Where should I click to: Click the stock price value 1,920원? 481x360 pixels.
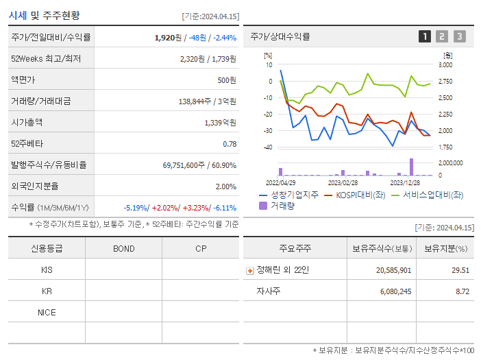(171, 38)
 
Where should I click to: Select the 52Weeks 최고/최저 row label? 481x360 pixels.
(46, 59)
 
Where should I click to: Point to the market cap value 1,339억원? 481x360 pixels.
(220, 123)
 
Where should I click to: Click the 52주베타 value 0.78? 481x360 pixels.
(230, 144)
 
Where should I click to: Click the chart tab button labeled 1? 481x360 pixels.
(425, 37)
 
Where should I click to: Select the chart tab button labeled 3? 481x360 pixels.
(459, 37)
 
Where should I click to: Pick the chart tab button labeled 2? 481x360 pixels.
(442, 37)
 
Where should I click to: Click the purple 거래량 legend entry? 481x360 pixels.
(277, 205)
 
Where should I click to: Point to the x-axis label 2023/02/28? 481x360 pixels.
(343, 183)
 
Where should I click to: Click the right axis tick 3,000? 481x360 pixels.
(445, 65)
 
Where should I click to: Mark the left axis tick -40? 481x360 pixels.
(268, 147)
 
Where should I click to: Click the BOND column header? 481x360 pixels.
(123, 249)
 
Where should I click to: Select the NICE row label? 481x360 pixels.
(47, 312)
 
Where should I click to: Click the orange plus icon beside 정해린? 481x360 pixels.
(249, 271)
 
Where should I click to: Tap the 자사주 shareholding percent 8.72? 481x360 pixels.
(462, 291)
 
